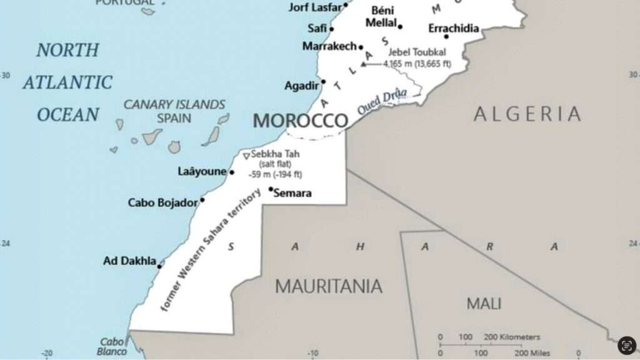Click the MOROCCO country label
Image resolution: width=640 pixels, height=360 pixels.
pos(300,121)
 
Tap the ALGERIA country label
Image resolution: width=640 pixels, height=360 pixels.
pos(527,114)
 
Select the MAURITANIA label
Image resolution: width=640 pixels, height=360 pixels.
pos(329,286)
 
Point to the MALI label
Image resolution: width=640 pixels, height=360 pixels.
pos(484,304)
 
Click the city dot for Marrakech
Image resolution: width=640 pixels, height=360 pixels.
pos(361,47)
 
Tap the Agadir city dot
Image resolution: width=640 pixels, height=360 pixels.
pos(323,82)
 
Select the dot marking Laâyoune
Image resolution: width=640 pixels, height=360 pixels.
pos(232,172)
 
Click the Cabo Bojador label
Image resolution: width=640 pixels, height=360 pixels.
pos(162,202)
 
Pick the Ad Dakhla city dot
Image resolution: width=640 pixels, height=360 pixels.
pos(159,266)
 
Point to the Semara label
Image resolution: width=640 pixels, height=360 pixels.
pos(292,193)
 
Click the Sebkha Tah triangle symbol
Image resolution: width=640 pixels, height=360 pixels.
pos(246,155)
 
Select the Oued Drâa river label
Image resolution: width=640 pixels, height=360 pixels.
pos(382,101)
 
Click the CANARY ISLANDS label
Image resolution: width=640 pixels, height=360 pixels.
pos(174,104)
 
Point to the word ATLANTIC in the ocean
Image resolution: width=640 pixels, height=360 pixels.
pos(68,82)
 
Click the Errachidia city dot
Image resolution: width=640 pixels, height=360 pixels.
pos(463,36)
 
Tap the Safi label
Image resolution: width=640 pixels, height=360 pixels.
pos(317,28)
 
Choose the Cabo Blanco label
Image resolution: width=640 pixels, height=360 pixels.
pos(112,346)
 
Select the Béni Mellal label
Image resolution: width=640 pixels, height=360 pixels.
pos(383,17)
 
